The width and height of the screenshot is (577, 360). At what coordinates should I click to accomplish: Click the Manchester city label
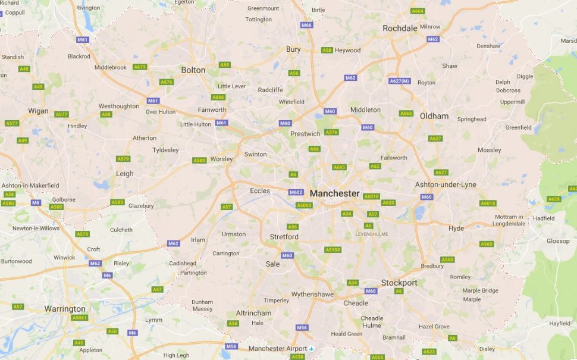click(x=334, y=193)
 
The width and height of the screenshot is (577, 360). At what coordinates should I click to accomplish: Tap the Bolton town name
click(x=193, y=70)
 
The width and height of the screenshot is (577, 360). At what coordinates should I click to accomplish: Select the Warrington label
click(x=65, y=309)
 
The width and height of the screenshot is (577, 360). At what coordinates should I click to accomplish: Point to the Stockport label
click(x=399, y=283)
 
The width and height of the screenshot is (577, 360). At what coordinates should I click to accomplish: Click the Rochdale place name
click(x=400, y=28)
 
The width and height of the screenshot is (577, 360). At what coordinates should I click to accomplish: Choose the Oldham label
click(x=434, y=116)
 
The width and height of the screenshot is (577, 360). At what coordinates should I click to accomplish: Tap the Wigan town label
click(x=38, y=111)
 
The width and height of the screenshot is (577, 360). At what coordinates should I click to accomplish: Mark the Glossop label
click(x=558, y=241)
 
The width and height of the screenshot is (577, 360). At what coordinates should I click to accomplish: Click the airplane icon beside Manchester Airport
click(x=311, y=348)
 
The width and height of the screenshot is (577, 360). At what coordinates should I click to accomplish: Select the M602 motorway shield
click(x=296, y=192)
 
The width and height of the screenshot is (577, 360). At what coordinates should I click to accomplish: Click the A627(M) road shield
click(x=399, y=81)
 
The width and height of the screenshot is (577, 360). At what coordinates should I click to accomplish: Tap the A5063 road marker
click(x=304, y=205)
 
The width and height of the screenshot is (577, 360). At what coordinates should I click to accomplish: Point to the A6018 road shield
click(x=488, y=203)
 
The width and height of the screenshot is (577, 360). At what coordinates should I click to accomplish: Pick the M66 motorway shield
click(x=306, y=25)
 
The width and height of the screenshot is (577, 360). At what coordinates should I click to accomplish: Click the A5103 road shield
click(x=333, y=250)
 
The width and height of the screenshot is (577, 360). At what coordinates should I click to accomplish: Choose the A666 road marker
click(x=218, y=97)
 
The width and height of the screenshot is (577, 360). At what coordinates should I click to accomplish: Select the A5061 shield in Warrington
click(x=79, y=318)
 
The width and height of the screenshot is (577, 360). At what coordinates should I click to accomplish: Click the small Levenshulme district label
click(x=371, y=234)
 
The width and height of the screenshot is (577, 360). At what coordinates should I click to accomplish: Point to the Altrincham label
click(x=253, y=313)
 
